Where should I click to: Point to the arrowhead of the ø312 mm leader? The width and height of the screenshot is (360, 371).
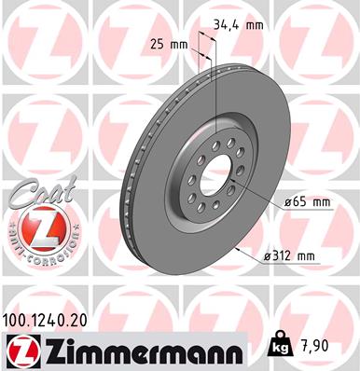pyautogui.click(x=241, y=249)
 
